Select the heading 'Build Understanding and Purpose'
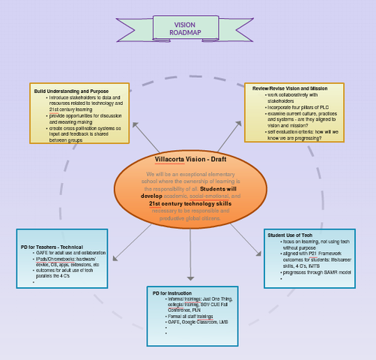[72, 91]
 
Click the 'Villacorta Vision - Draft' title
[190, 160]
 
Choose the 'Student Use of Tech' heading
[290, 235]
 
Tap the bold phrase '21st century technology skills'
[190, 203]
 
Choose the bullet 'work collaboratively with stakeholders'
[293, 97]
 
